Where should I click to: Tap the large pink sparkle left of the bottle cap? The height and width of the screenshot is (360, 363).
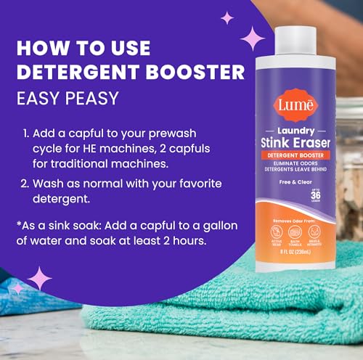(254, 36)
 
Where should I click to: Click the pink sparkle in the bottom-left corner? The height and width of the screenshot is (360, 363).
(38, 277)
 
